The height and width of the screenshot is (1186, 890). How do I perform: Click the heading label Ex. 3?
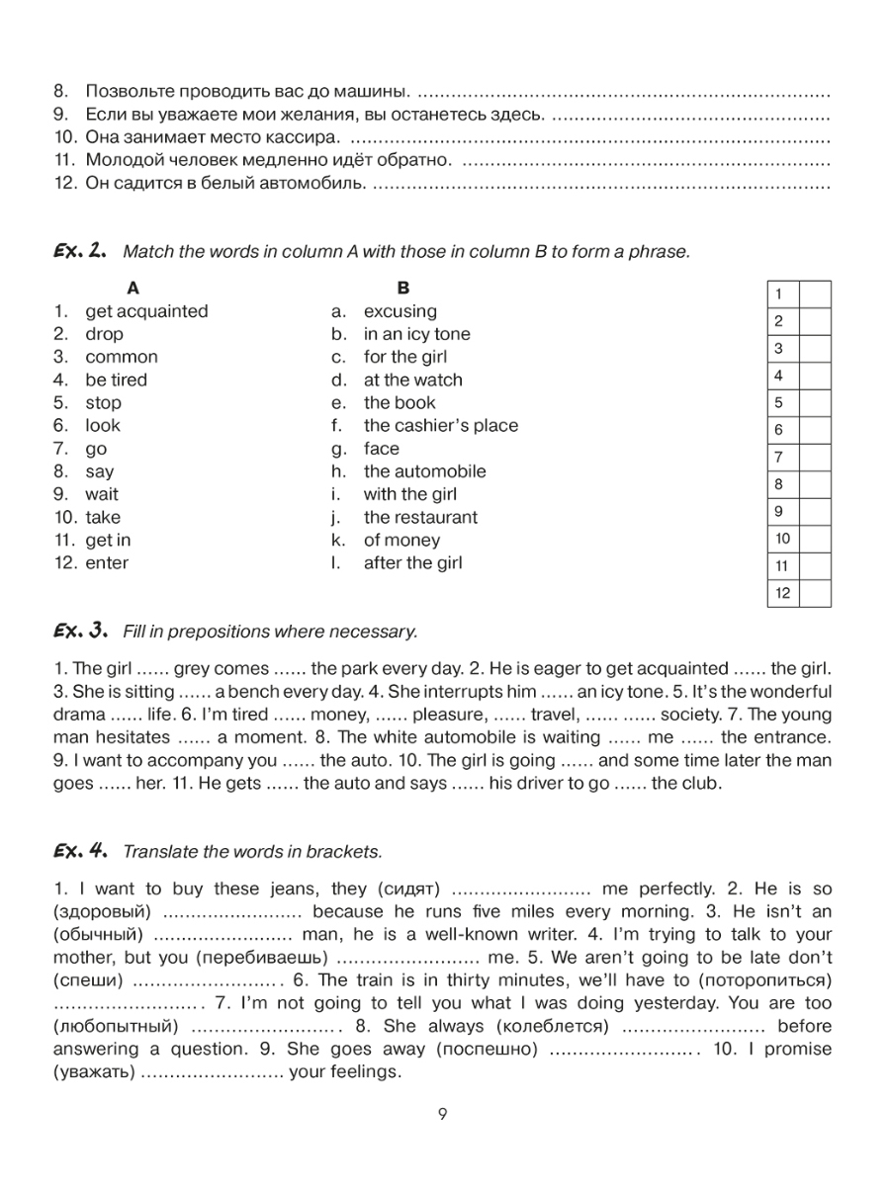coord(78,630)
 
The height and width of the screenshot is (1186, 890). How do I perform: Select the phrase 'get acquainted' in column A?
coord(146,311)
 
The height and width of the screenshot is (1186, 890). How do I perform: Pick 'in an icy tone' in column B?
coord(416,334)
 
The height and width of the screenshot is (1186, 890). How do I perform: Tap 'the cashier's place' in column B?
coord(440,426)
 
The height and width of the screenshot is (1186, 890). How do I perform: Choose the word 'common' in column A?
coord(121,357)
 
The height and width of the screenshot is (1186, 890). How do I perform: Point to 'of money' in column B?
coord(401,541)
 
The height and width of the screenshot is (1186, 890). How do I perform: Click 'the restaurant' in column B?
coord(419,517)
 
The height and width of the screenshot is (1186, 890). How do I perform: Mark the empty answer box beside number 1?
coord(815,295)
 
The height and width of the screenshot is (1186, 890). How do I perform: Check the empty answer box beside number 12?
coord(815,593)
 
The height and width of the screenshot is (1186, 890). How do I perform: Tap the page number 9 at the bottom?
coord(443,1116)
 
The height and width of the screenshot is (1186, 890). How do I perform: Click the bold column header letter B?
coord(402,289)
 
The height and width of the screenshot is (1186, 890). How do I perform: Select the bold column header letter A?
coord(133,289)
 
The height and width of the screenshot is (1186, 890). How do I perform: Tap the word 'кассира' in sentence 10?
coord(308,137)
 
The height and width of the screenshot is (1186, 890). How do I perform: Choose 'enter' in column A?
coord(107,563)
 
